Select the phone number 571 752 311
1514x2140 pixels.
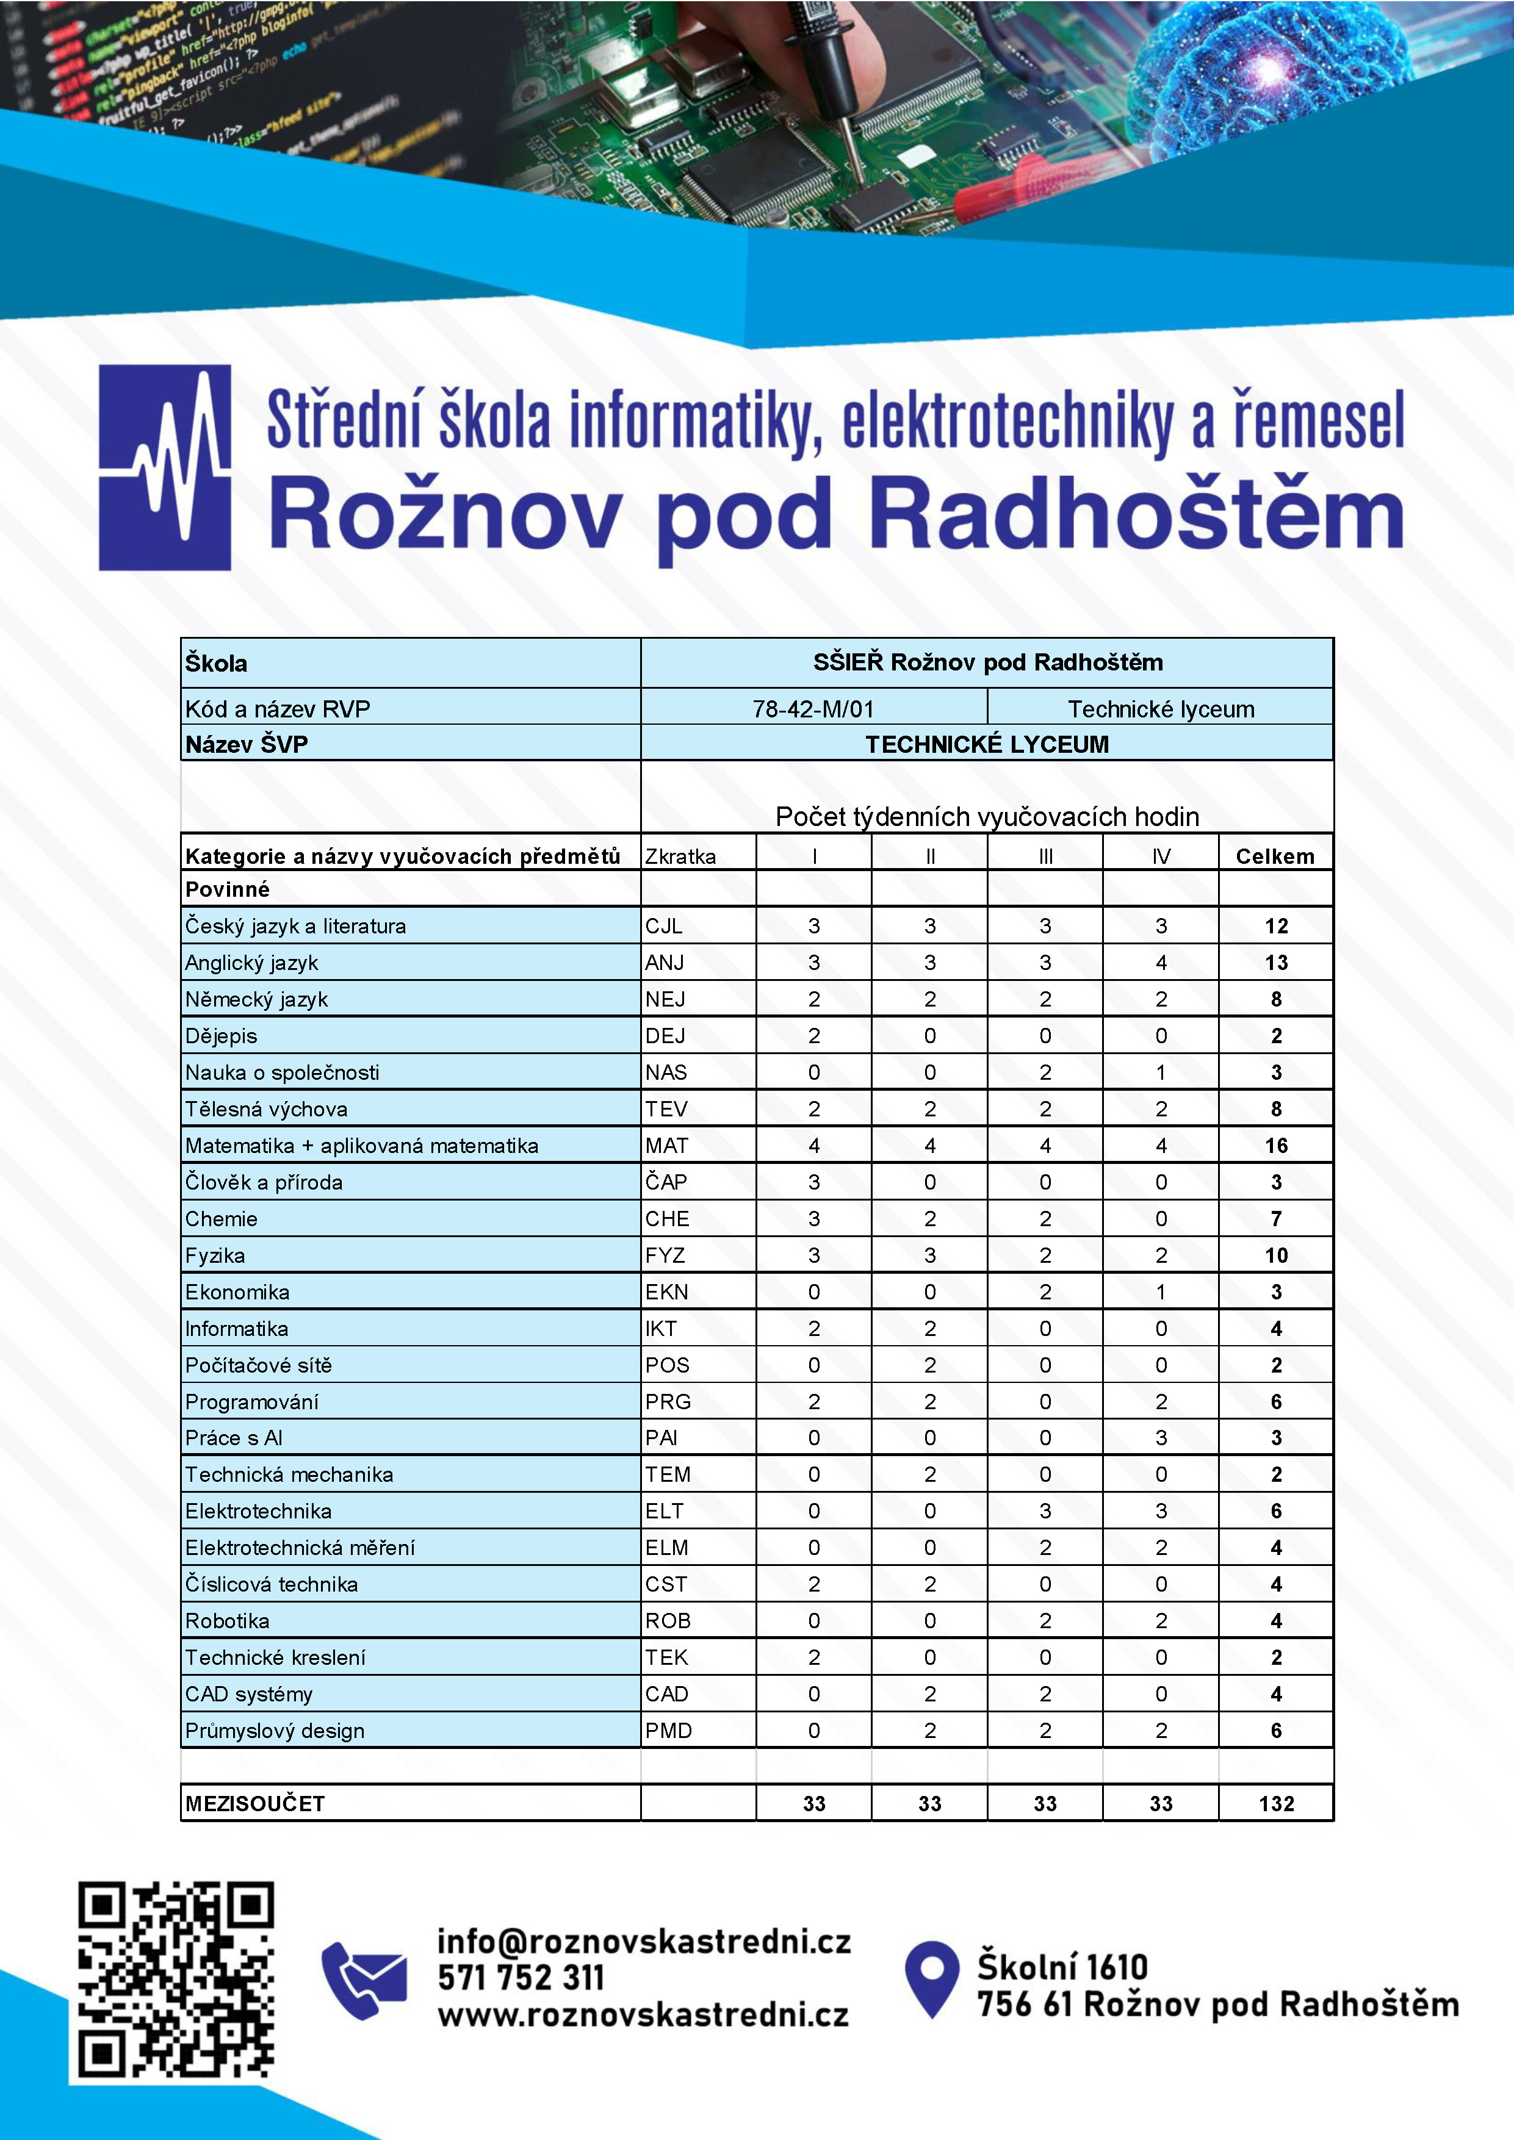(521, 1977)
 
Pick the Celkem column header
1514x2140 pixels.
(1274, 856)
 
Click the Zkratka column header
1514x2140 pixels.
(680, 856)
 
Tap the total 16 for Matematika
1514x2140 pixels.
(1275, 1146)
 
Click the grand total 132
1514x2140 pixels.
(1275, 1803)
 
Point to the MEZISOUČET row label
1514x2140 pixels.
(254, 1803)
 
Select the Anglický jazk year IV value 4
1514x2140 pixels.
(1161, 963)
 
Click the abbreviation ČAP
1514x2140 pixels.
(666, 1182)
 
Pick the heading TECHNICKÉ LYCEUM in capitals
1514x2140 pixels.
(986, 744)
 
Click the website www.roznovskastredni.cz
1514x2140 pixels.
(643, 2015)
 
